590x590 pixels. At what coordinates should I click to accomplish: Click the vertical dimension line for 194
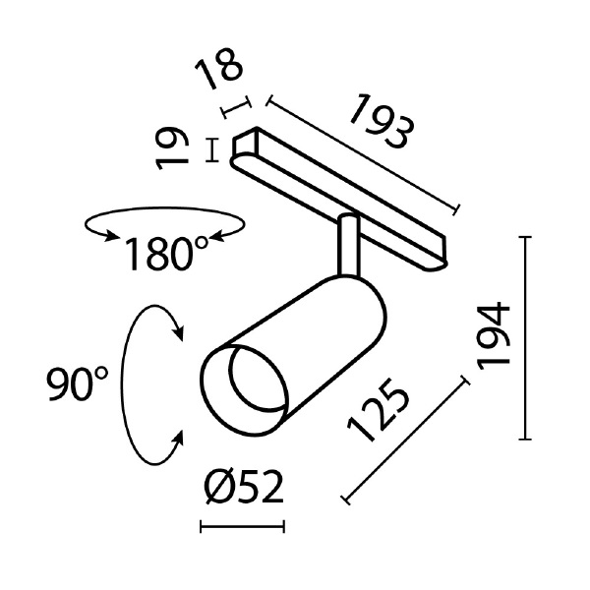pyautogui.click(x=530, y=337)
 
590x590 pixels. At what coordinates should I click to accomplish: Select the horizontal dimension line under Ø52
pyautogui.click(x=242, y=528)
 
